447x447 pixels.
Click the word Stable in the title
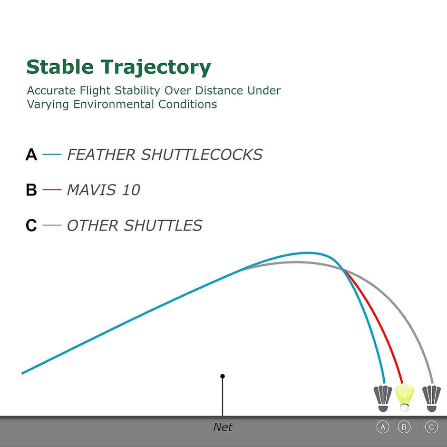pos(60,67)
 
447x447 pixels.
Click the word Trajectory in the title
pos(155,68)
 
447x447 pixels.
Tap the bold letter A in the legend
pos(31,155)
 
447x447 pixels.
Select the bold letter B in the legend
pos(31,190)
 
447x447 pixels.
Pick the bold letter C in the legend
pos(31,225)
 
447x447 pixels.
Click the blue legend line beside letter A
pos(52,155)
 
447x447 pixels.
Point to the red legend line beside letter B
pos(52,190)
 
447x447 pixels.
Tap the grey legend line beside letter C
pos(52,225)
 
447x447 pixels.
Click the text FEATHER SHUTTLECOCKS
pos(165,155)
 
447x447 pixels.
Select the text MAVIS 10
pos(104,190)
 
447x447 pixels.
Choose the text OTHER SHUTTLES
pos(135,225)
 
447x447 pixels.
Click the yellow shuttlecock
pos(405,398)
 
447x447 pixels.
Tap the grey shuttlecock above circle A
pos(383,398)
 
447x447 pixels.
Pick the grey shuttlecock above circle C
pos(432,398)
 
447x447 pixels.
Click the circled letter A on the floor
pos(383,427)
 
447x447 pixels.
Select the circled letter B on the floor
pos(404,427)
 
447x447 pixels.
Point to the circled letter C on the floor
pos(431,427)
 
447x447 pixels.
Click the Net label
pos(223,427)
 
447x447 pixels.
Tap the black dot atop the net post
pos(223,376)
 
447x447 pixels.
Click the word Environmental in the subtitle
pos(114,104)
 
